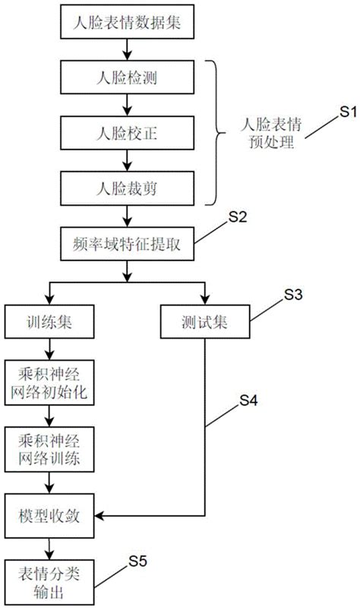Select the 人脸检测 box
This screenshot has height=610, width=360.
127,78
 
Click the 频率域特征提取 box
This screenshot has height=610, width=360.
127,245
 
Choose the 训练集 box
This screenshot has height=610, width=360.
49,321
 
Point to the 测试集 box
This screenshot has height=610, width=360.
205,321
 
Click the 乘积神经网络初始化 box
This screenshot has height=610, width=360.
50,384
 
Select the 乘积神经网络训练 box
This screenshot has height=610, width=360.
50,450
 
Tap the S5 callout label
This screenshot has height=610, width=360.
137,561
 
